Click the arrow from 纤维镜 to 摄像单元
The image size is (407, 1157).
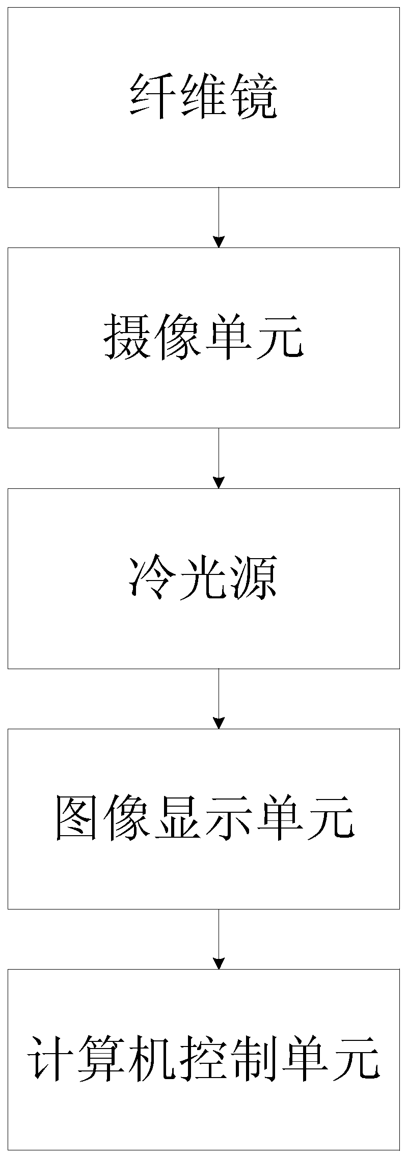click(219, 217)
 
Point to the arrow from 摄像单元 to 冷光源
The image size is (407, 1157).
click(219, 458)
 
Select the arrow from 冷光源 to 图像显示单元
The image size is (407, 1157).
click(219, 698)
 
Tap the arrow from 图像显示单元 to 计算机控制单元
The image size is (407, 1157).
click(219, 939)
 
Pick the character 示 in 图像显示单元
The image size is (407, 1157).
click(229, 819)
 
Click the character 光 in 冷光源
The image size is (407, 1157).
click(203, 578)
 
